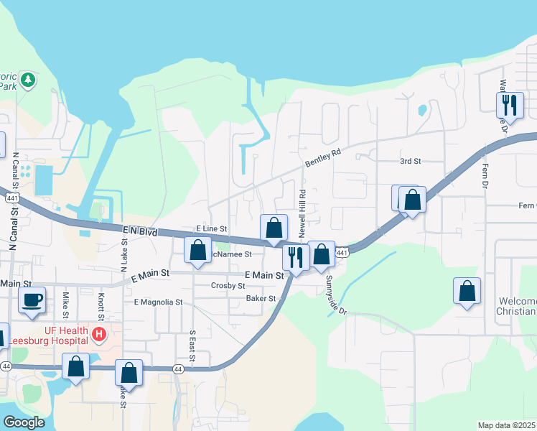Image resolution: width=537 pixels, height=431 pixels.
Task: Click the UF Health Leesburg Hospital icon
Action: [99, 335]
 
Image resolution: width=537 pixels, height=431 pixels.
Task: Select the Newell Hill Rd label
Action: [303, 214]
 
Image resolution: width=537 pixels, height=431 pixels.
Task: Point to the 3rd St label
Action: [409, 162]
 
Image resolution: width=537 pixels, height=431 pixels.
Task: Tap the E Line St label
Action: [211, 228]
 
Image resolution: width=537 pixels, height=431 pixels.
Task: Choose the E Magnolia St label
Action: [158, 302]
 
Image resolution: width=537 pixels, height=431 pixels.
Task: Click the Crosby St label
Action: [228, 285]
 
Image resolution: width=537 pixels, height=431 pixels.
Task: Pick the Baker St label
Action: [261, 298]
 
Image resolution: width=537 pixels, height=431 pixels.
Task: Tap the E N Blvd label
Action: [139, 231]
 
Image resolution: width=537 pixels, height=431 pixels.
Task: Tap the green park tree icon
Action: [28, 80]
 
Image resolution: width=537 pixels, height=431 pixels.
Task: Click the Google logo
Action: [24, 422]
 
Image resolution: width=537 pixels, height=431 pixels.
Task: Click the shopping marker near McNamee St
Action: [198, 250]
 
